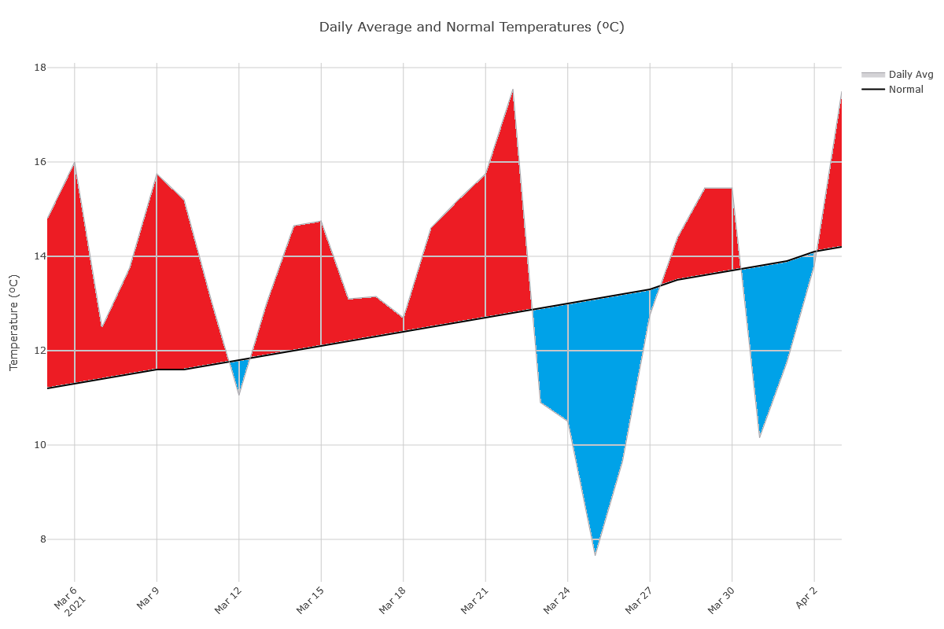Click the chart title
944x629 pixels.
(471, 27)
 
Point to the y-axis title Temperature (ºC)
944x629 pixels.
(13, 322)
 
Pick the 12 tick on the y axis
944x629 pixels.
(40, 351)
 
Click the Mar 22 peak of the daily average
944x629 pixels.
(513, 90)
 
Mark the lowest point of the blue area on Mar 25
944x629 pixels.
(595, 554)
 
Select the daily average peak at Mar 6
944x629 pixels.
(75, 163)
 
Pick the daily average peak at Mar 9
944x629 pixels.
(157, 174)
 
